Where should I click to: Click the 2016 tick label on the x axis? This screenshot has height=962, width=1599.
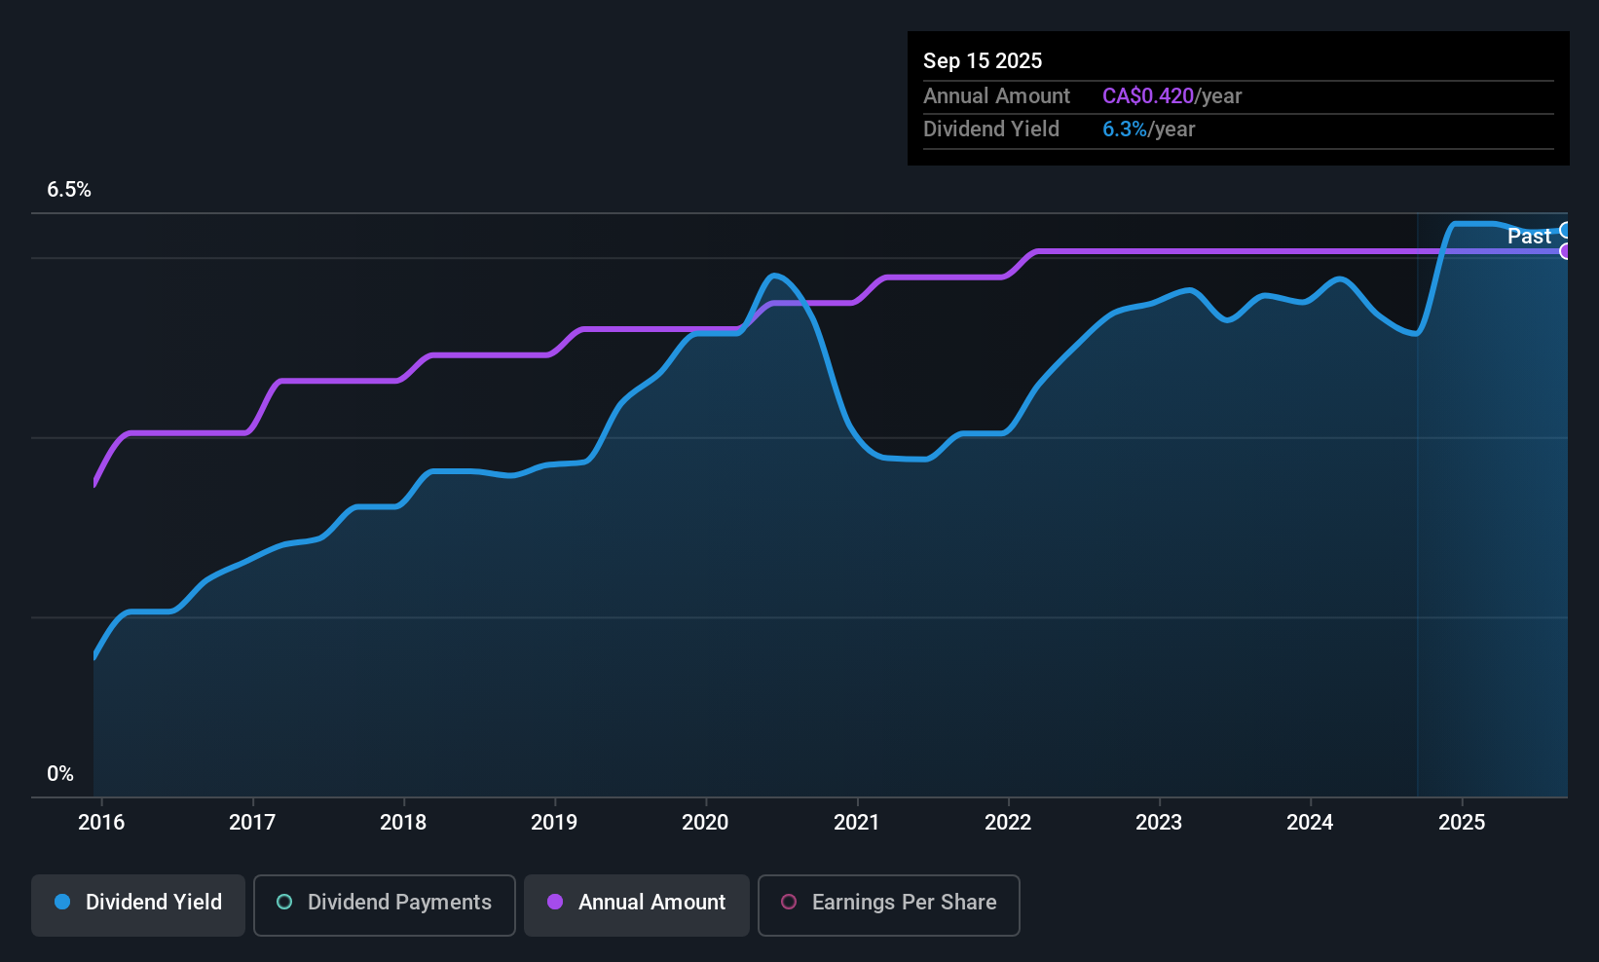pos(101,822)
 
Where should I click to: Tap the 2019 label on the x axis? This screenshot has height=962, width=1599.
pos(554,822)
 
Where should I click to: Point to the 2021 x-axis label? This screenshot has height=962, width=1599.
pos(857,822)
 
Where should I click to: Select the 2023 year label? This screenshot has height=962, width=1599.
pos(1159,822)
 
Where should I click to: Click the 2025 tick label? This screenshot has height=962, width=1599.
pos(1462,822)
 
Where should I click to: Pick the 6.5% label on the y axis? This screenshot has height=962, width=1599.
pos(69,190)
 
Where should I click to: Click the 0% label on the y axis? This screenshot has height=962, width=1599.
pos(60,774)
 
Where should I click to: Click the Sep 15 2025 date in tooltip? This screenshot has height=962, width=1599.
pos(983,60)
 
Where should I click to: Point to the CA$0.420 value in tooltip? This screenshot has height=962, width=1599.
pos(1147,96)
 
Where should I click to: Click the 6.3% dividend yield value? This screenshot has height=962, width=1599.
pos(1124,129)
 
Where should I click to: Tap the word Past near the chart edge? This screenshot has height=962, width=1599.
pos(1529,236)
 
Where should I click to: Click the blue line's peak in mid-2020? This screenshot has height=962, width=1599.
pos(775,276)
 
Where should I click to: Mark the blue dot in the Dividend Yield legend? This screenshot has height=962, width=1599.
pos(62,902)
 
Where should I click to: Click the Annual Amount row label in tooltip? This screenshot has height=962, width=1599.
pos(996,96)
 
